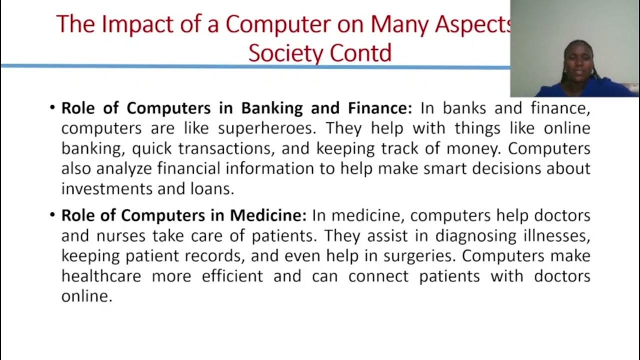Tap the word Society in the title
coord(280,52)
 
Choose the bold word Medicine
coord(268,215)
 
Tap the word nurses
coord(117,235)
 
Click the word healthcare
coord(101,276)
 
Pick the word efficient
coord(232,276)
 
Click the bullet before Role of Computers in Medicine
coord(52,215)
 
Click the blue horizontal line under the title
coord(250,65)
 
